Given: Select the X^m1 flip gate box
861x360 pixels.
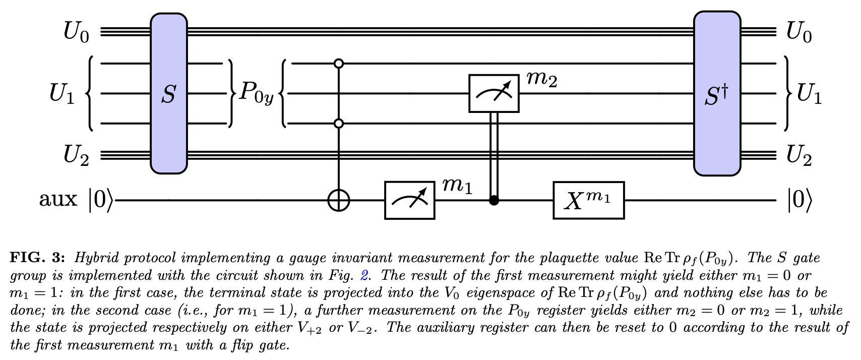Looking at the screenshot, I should [588, 200].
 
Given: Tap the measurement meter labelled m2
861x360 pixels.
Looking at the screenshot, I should [494, 93].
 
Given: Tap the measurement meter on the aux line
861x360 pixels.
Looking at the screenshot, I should [409, 200].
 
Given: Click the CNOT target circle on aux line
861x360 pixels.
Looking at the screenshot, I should [339, 200].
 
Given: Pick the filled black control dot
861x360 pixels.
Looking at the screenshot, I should [494, 201].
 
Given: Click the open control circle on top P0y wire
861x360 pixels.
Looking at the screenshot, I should [339, 64].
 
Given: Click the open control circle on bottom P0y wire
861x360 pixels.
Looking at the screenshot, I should [339, 123].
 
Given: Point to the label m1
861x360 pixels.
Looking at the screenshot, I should [457, 187].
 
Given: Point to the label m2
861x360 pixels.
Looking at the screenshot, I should [541, 79].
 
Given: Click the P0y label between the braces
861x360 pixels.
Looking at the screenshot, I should [256, 94].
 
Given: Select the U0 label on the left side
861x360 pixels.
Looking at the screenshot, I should [76, 32].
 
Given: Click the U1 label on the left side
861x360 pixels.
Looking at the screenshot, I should [62, 94].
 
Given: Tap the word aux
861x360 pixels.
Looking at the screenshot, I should [58, 200].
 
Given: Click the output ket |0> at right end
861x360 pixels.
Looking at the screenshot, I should [799, 201].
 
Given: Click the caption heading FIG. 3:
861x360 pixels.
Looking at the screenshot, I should [37, 258].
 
